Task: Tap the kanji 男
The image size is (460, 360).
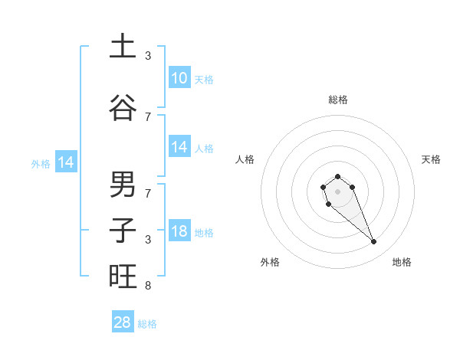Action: (123, 185)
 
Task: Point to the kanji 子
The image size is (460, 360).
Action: (123, 231)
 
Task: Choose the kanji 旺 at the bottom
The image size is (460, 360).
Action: (123, 276)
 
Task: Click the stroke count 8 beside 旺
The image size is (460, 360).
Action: (147, 286)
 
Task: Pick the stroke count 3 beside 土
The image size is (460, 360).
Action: (147, 55)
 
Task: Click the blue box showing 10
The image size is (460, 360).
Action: (179, 78)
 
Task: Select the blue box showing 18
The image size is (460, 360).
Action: (179, 232)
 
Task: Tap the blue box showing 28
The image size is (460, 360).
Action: (123, 322)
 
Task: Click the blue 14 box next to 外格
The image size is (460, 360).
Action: (65, 162)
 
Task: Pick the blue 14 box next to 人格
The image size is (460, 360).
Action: (179, 147)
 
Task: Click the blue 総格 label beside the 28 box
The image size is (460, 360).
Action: (148, 324)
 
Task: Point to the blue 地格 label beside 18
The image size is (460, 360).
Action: (205, 233)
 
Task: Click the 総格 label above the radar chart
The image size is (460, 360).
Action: (337, 100)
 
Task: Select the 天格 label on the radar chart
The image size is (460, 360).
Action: (431, 159)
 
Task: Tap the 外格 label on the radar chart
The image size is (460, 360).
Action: (269, 262)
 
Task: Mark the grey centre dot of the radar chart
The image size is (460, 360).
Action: (337, 191)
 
